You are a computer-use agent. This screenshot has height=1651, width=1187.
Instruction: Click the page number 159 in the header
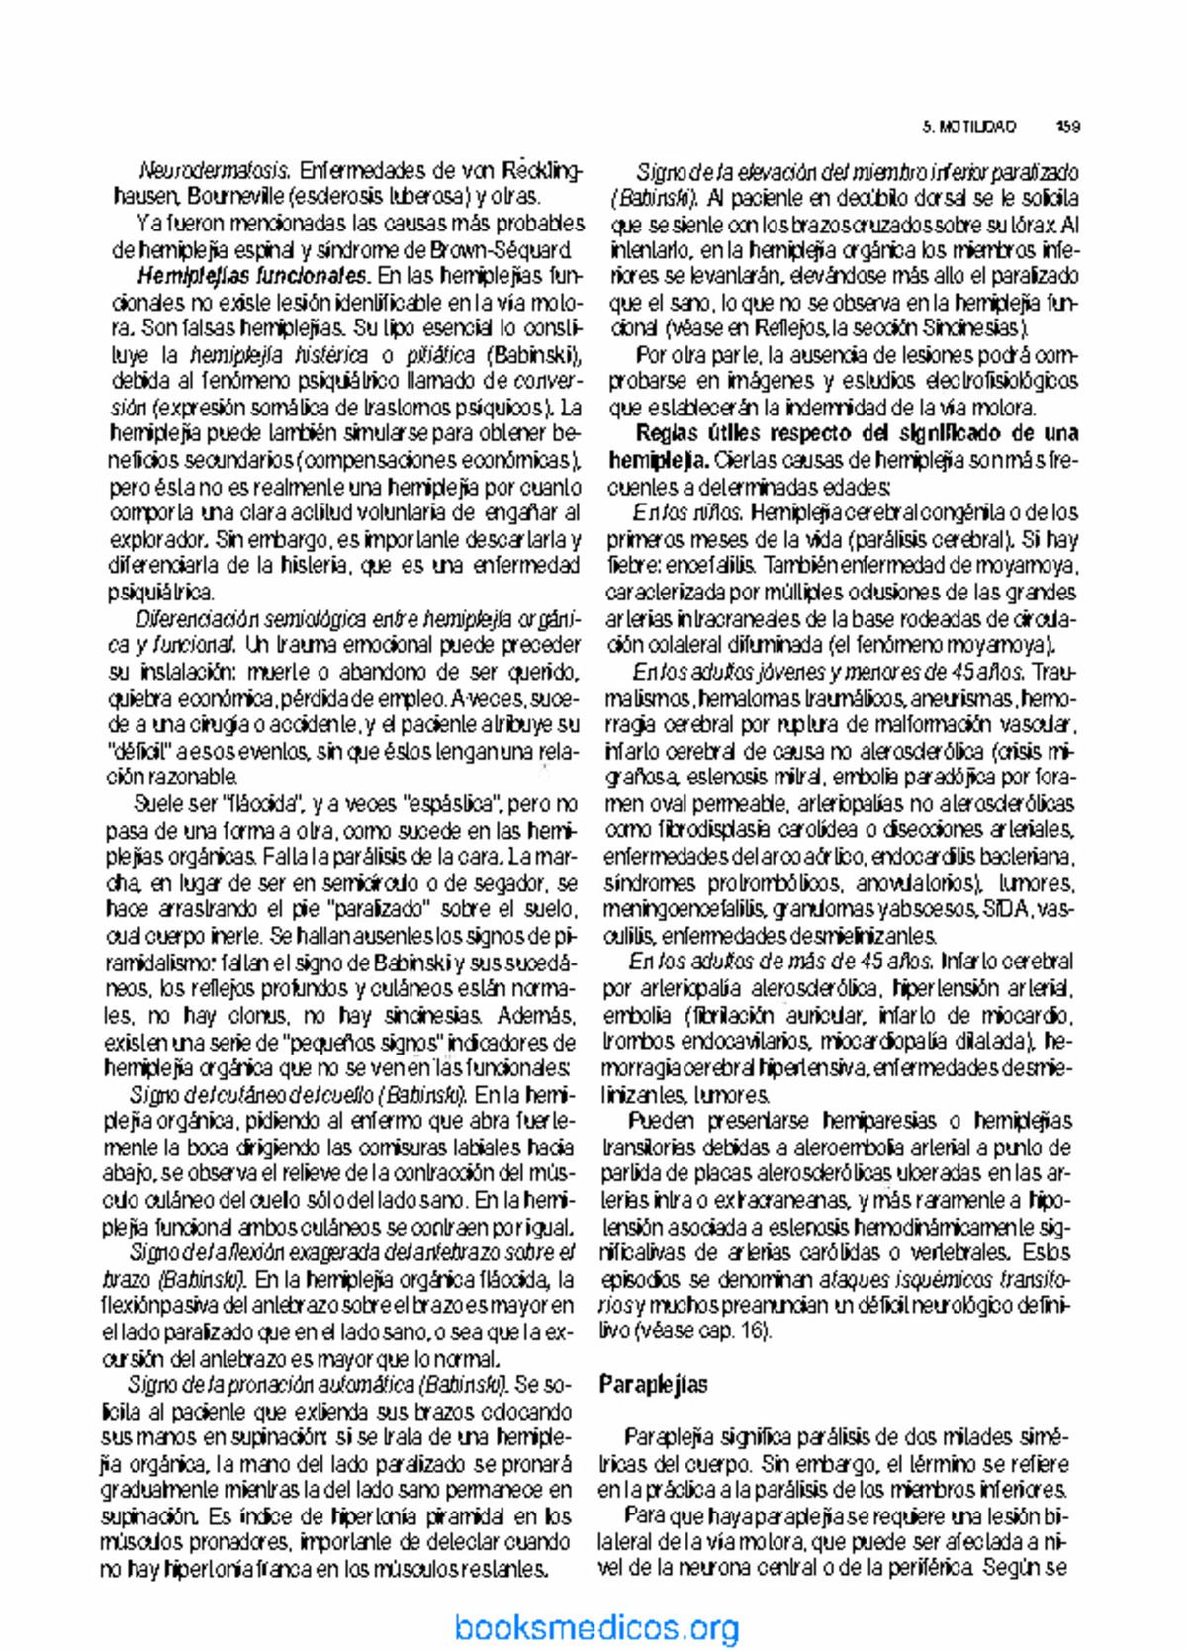pos(1067,127)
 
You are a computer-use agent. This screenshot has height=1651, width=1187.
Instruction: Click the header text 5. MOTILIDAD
pos(969,127)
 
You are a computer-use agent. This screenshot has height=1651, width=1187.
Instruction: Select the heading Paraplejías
pos(653,1384)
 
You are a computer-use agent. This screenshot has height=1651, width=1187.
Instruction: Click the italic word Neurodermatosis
pos(215,170)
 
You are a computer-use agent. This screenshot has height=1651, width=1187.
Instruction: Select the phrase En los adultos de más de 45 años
pos(781,962)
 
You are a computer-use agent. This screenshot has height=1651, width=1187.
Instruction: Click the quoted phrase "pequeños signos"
pos(364,1042)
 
